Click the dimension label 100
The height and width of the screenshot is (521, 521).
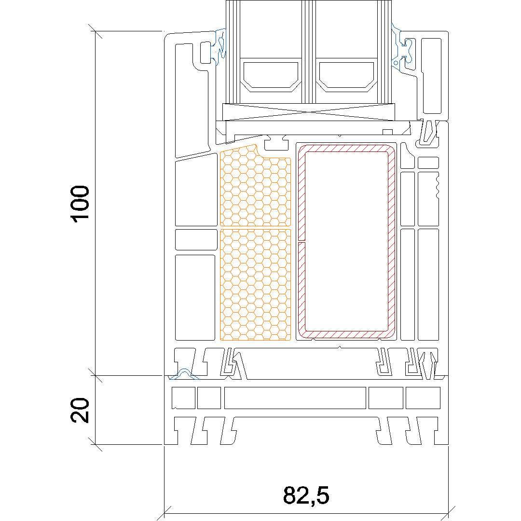coord(80,204)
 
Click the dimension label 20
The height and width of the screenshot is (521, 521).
coord(80,411)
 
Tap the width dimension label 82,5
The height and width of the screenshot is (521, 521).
coord(306,495)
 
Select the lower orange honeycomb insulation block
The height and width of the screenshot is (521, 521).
coord(255,285)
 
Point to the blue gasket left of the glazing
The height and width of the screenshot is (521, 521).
coord(220,46)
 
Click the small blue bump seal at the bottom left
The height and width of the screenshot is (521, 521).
coord(184,374)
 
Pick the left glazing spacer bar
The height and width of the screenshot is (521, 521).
coord(271,75)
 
